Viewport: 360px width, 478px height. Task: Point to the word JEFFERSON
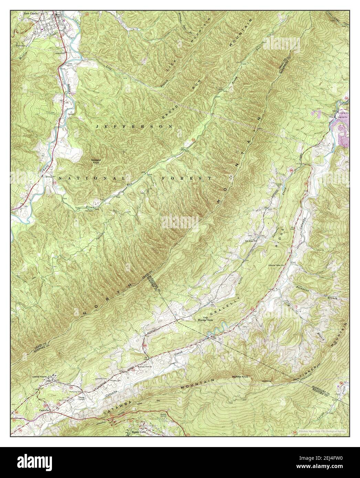tap(134, 127)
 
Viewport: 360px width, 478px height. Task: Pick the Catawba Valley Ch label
tap(277, 266)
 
